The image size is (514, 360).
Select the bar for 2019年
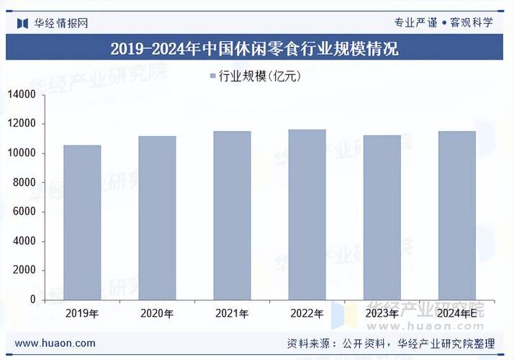82,222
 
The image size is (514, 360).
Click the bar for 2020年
157,217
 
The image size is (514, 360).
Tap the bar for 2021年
232,215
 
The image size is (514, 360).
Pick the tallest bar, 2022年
307,214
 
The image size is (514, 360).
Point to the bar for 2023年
382,217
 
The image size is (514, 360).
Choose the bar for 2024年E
456,215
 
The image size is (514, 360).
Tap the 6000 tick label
24,212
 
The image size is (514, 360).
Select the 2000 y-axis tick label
24,270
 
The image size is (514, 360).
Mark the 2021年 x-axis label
232,314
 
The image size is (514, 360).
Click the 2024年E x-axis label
456,314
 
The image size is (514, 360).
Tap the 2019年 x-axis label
82,314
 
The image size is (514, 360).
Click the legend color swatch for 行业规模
212,76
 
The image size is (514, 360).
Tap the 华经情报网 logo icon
23,22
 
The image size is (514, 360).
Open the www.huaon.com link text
55,343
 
